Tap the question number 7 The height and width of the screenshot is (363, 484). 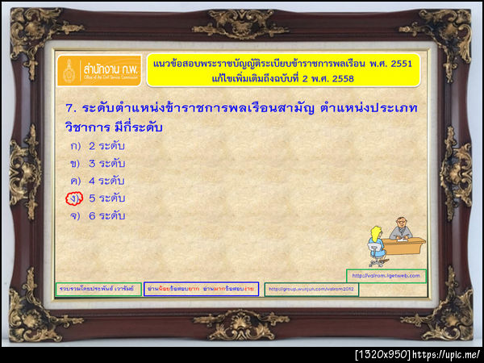(69, 107)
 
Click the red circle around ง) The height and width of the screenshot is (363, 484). (74, 198)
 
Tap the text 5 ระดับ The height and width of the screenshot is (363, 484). (106, 198)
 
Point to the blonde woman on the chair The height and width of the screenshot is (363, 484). (375, 243)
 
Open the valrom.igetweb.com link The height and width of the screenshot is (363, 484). (386, 275)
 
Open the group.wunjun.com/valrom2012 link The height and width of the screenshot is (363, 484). (311, 290)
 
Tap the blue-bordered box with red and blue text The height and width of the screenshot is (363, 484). (201, 289)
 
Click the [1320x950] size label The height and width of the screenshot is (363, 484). (382, 354)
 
